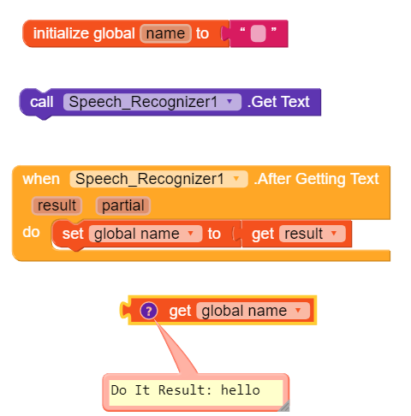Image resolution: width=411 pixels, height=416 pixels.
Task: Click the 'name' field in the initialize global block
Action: (165, 33)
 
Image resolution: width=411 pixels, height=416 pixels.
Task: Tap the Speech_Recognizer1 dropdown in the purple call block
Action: (152, 102)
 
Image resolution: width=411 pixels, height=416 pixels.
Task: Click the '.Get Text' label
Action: (278, 102)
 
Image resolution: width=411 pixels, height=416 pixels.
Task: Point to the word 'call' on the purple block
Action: (42, 102)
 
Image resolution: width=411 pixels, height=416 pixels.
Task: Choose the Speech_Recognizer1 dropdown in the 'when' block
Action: (158, 179)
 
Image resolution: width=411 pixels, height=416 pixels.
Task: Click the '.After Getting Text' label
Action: (316, 179)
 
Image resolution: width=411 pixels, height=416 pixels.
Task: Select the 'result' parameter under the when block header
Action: (57, 205)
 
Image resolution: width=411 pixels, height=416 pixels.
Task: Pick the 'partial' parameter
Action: (123, 205)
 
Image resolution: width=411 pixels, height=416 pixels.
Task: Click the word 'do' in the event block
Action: (31, 232)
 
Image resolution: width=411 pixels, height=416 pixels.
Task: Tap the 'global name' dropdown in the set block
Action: (146, 234)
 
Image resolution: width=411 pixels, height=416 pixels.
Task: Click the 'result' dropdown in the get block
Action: (313, 234)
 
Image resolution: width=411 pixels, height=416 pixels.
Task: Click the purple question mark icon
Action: (149, 311)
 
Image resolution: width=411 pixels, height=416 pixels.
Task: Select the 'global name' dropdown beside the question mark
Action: (253, 311)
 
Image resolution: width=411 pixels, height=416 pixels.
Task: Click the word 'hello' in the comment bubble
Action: (241, 390)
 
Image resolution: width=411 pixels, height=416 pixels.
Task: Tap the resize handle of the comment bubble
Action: (284, 406)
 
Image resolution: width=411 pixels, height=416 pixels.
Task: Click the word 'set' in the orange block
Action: (73, 234)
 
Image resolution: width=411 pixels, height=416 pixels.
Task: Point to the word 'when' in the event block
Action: (41, 179)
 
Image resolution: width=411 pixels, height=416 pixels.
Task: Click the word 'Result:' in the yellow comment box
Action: (185, 390)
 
